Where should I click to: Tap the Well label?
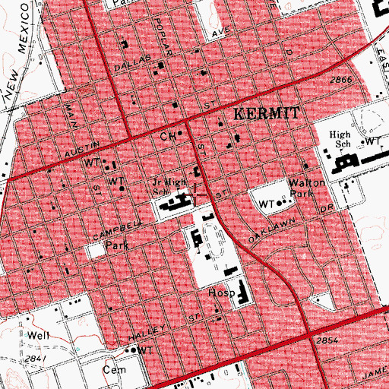(37, 335)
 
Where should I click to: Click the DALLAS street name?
(129, 66)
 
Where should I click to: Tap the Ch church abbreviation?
(167, 137)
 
